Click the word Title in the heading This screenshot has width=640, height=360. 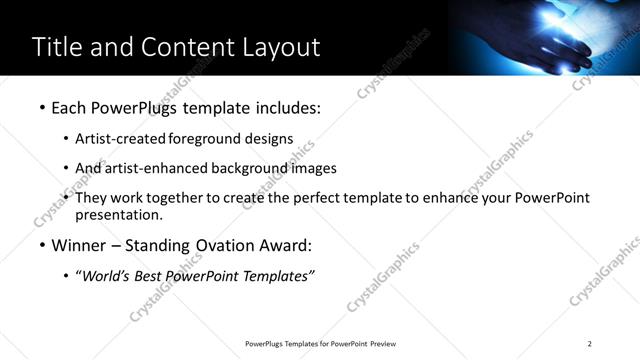pyautogui.click(x=57, y=47)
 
